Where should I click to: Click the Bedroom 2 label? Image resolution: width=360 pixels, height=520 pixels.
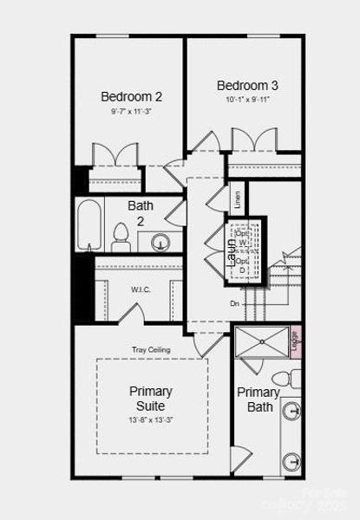[x=131, y=96]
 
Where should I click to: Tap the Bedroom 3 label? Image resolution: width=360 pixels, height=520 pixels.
[x=247, y=85]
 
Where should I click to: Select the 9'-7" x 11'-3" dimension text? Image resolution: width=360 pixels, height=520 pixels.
[x=131, y=112]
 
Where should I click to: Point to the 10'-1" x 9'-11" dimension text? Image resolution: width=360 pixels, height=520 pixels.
[x=247, y=100]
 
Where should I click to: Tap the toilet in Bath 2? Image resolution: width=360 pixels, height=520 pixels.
[x=121, y=235]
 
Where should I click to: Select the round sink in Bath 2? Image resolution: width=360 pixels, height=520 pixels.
[x=160, y=242]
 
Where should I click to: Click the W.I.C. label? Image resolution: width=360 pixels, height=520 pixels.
[x=141, y=289]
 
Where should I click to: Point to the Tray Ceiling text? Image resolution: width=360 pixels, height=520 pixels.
[x=151, y=349]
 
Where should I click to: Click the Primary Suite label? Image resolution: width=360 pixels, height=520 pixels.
[x=151, y=398]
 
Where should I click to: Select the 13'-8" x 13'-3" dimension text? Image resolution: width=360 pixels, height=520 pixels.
[x=151, y=420]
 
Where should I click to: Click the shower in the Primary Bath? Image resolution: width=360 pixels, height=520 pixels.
[x=260, y=341]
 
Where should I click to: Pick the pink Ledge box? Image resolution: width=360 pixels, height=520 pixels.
[x=295, y=341]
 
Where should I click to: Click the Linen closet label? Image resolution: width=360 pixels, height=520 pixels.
[x=238, y=199]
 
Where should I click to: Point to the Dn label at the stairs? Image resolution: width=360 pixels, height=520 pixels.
[x=234, y=303]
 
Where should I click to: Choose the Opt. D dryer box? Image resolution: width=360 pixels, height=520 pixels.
[x=244, y=267]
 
